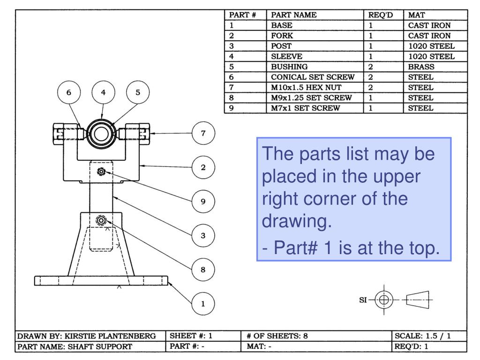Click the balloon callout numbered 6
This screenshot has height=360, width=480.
point(69,93)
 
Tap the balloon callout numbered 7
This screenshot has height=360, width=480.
point(203,133)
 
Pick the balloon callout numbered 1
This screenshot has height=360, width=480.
point(203,304)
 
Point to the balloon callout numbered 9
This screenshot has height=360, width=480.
point(203,202)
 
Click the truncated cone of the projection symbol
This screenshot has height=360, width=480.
point(419,299)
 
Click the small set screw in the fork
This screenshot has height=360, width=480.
point(101,172)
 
